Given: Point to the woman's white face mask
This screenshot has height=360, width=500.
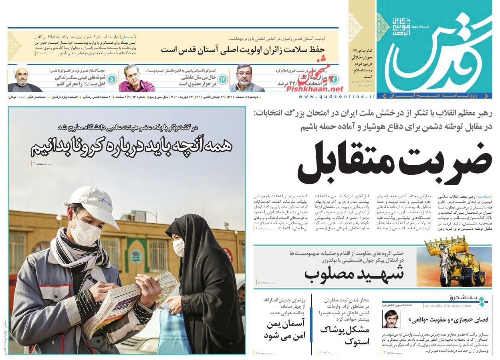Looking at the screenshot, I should coord(179,247).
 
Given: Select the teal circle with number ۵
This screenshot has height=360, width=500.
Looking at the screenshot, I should coord(112,79).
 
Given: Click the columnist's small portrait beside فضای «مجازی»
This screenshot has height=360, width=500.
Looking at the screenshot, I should coord(391,319).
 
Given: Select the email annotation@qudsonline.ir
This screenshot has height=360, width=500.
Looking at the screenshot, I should coord(448,305).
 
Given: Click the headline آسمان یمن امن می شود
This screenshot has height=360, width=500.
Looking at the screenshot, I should coord(284,330).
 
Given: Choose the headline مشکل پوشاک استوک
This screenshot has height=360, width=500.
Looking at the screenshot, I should coord(345,336).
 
